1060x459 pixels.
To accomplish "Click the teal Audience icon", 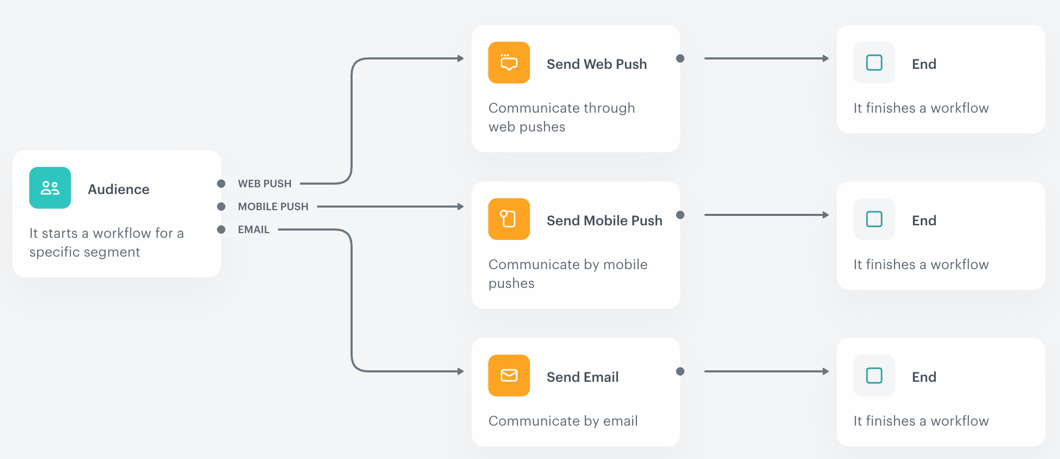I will pos(50,188).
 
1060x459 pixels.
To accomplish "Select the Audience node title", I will pos(118,189).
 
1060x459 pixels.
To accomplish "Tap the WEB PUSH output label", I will pos(264,184).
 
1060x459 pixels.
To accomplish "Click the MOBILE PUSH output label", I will pos(273,207).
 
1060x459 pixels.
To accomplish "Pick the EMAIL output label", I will pos(254,229).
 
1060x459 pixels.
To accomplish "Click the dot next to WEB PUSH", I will pos(221,184).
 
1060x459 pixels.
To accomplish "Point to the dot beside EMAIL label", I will pos(221,229).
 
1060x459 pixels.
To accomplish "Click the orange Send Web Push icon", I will pos(509,63).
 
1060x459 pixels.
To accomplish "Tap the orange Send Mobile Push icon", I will pos(509,219).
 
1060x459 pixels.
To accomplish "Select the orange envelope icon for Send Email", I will pos(509,376).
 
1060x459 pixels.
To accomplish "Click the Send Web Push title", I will pos(596,64).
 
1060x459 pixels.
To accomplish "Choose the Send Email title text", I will pos(582,377).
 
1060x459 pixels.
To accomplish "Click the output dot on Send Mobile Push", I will pos(680,215).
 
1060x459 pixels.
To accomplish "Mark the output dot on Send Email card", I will pos(680,371).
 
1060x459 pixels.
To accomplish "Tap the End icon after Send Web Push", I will pos(874,63).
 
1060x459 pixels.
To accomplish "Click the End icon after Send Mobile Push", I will pos(874,219).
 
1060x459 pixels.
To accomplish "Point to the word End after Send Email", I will pos(924,377).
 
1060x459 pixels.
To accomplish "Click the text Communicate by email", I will pos(563,421).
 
